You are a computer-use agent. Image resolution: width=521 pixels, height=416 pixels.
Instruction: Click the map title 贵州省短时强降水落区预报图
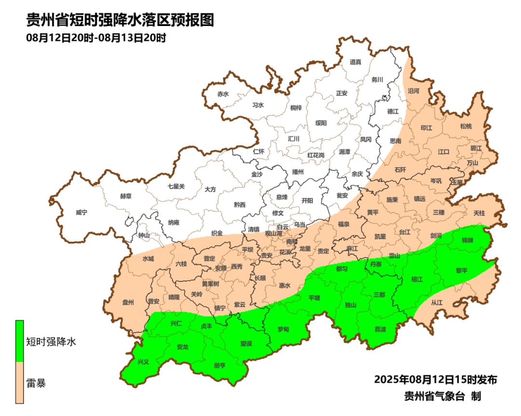pos(120,21)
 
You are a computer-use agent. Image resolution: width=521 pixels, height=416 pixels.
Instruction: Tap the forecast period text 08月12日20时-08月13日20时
pos(96,38)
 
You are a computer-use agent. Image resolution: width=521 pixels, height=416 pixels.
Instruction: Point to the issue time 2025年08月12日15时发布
pos(435,379)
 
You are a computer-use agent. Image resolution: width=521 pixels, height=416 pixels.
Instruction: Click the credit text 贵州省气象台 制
pos(442,396)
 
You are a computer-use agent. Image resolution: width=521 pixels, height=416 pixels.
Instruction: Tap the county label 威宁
pos(82,212)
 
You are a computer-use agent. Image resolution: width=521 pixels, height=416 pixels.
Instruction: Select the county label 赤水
pos(222,94)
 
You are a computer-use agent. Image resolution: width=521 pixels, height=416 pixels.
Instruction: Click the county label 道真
pos(356,62)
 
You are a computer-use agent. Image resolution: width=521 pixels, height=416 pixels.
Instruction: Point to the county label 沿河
pos(413,91)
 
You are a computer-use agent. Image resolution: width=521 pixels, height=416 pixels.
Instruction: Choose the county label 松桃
pos(466,126)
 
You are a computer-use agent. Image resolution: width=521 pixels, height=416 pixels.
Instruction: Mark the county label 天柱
pos(479,212)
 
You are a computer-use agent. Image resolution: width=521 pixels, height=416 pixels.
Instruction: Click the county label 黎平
pos(462,271)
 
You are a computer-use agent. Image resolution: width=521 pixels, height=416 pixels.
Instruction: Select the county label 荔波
pos(380,329)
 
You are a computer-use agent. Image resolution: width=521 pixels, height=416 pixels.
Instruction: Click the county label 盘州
pos(128,302)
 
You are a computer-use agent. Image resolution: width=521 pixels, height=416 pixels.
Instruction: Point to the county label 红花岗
pos(316,155)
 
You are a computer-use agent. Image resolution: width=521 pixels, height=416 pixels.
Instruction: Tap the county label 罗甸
pos(283,329)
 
